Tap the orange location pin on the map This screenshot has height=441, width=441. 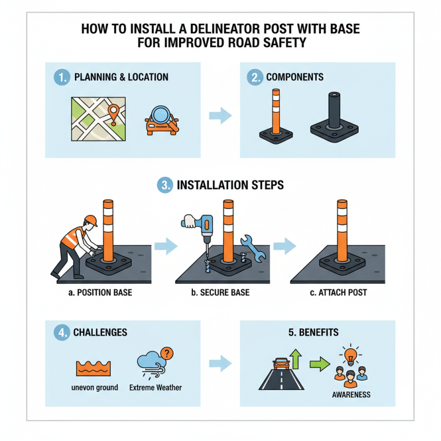coord(114,112)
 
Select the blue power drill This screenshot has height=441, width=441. coord(205,227)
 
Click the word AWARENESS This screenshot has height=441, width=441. coord(351,395)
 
